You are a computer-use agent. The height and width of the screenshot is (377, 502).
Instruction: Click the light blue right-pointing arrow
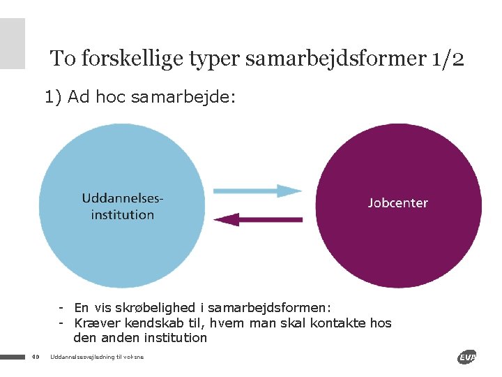[x=257, y=190]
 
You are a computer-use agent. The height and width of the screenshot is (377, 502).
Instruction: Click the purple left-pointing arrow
[x=257, y=219]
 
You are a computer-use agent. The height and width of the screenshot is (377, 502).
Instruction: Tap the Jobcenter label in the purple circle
[x=397, y=203]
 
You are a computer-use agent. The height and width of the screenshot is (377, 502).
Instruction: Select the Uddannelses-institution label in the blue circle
[x=123, y=207]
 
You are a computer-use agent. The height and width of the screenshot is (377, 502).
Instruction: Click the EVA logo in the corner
[x=466, y=357]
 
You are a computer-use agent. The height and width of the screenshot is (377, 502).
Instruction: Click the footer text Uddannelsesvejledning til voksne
[x=97, y=357]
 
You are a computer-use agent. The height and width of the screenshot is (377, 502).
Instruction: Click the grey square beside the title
[x=12, y=43]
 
